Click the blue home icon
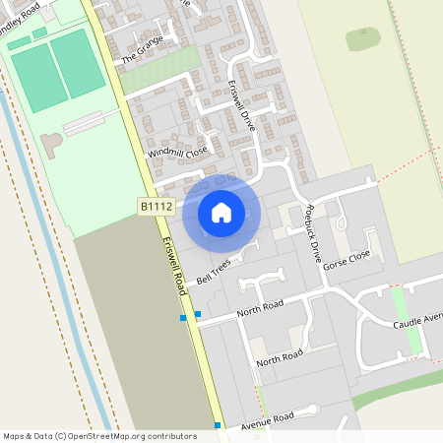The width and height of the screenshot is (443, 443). (221, 213)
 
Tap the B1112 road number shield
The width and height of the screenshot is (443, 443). (156, 206)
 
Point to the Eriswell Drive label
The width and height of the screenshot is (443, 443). (242, 107)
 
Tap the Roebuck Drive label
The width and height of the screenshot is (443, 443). (313, 230)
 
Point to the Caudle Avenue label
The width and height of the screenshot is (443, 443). (418, 319)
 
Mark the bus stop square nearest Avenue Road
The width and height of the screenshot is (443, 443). (218, 425)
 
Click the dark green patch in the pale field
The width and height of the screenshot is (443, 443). (363, 39)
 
